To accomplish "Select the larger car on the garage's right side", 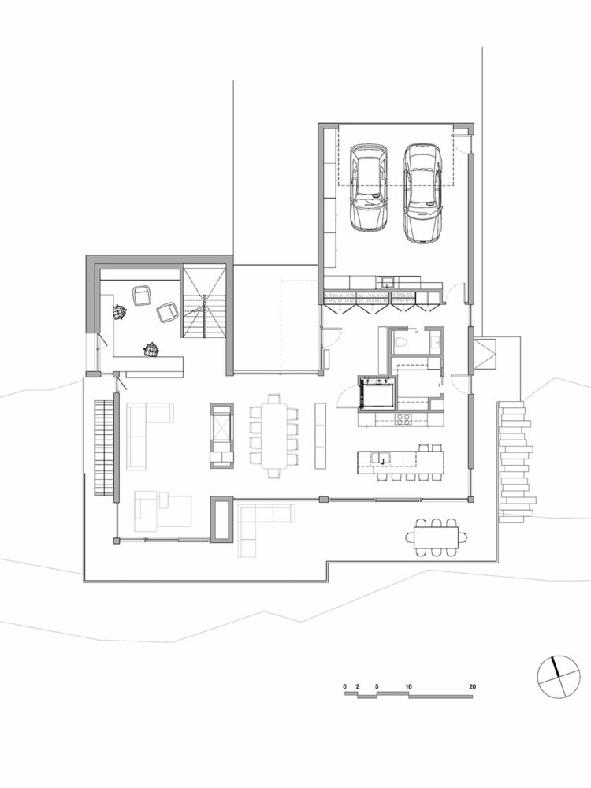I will [x=423, y=191].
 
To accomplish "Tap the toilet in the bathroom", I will [x=401, y=342].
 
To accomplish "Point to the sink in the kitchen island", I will [x=379, y=457].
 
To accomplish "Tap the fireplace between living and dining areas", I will [x=221, y=435].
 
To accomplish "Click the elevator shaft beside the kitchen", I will [x=375, y=392].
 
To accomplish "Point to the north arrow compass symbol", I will [x=557, y=675].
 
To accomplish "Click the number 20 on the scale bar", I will [x=471, y=686].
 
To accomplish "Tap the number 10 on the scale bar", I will [x=408, y=686].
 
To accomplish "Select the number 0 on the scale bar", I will [x=345, y=686].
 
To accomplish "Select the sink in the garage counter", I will [x=388, y=279].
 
